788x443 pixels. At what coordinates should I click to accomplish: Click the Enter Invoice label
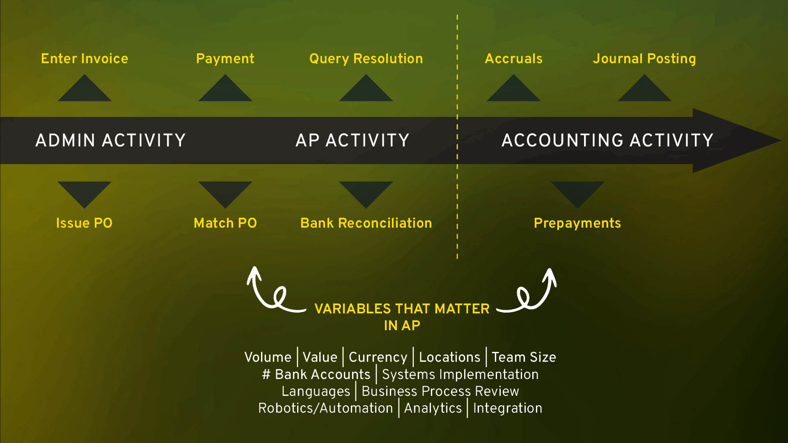point(85,59)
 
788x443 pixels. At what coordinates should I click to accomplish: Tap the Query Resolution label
point(366,59)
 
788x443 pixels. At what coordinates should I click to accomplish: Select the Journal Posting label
point(644,59)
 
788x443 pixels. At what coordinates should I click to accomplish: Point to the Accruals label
point(514,59)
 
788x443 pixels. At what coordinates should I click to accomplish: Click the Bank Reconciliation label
point(366,223)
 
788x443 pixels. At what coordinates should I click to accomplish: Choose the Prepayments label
point(577,223)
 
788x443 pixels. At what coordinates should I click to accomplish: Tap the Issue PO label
point(84,223)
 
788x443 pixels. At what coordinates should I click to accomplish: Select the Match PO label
point(225,223)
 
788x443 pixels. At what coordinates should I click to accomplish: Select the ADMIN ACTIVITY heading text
point(111,140)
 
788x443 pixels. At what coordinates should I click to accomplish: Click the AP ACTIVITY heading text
point(353,140)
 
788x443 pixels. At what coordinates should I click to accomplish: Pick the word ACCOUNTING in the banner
point(563,140)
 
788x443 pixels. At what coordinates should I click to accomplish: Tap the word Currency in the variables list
point(378,358)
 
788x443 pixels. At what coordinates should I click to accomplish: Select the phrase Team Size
point(524,357)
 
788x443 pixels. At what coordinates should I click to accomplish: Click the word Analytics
point(433,409)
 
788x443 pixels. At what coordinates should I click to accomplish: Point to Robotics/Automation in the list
point(325,408)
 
